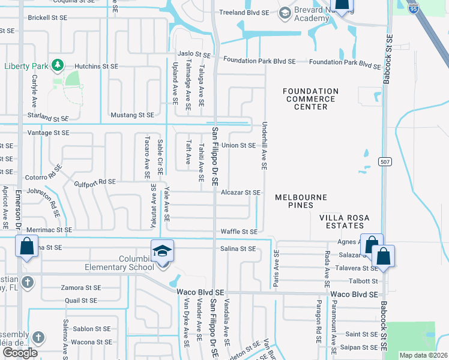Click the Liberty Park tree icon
click(58, 64)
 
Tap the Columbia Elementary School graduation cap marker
click(162, 251)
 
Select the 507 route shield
click(385, 161)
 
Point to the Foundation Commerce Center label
click(310, 99)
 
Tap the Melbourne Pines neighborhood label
click(301, 201)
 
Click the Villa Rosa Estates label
click(336, 221)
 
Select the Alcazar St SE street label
click(241, 193)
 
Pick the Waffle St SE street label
click(239, 231)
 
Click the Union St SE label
click(238, 145)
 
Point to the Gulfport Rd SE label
click(95, 181)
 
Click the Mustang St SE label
click(132, 115)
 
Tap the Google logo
click(20, 352)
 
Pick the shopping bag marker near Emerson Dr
click(27, 247)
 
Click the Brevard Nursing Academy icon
click(284, 13)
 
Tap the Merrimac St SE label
click(49, 230)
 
